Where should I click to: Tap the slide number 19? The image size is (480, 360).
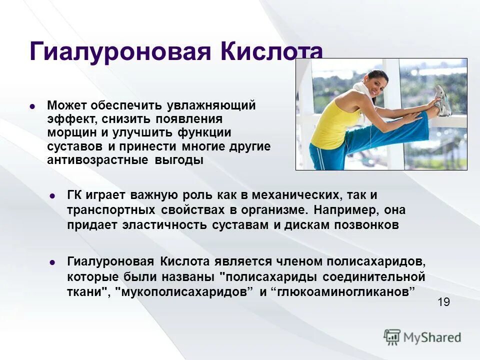point(443,302)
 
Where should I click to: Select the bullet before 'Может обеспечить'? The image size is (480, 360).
point(32,106)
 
